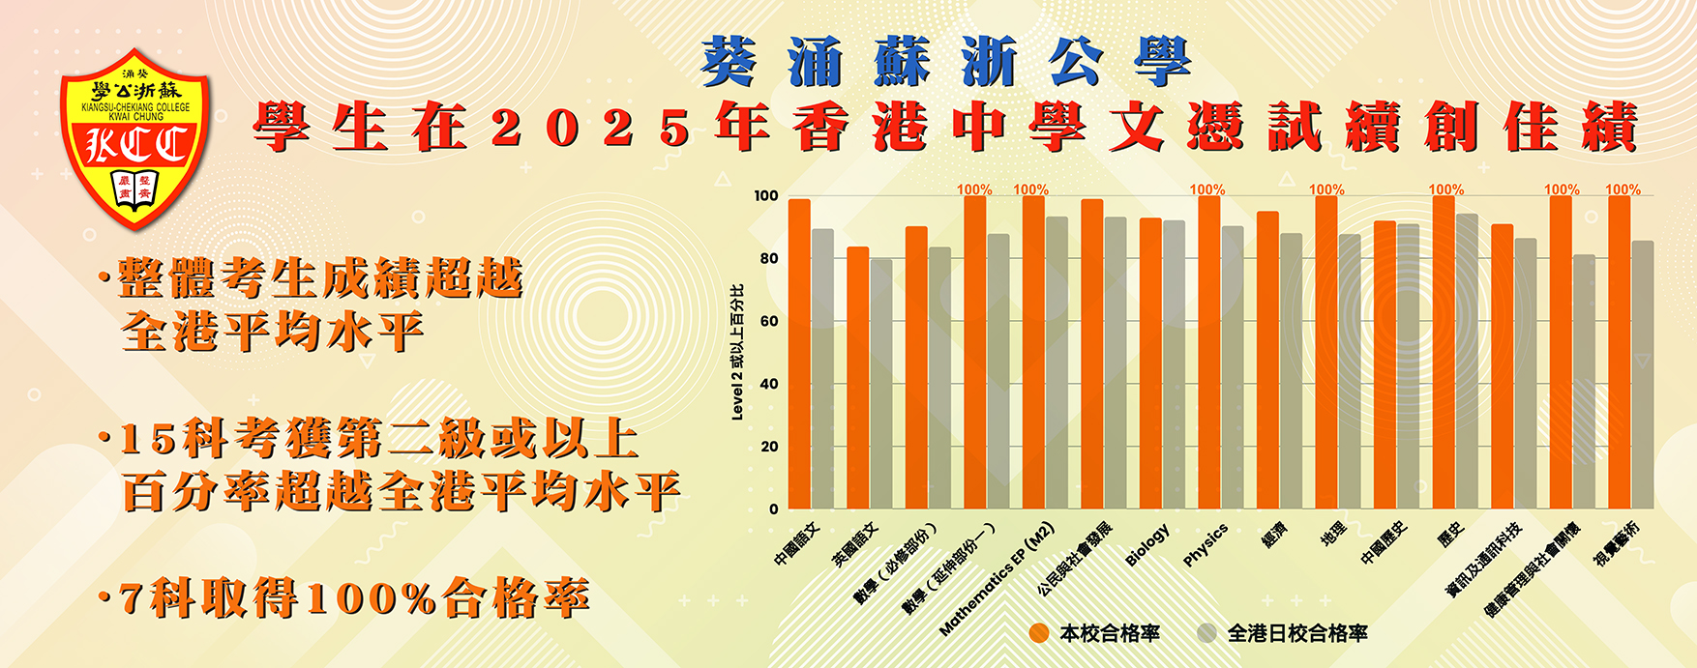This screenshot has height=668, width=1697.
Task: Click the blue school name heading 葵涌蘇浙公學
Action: [x=945, y=64]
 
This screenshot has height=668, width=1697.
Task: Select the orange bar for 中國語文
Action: [x=799, y=354]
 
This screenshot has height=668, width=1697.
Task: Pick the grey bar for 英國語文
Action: [x=881, y=383]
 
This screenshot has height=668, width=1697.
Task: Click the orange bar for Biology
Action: [x=1150, y=363]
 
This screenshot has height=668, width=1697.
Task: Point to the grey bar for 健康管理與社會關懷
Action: [x=1584, y=381]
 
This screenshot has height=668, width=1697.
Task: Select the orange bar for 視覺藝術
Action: [x=1619, y=352]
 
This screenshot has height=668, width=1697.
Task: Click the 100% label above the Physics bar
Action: [x=1207, y=189]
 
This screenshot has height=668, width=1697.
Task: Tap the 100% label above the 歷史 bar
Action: [x=1446, y=189]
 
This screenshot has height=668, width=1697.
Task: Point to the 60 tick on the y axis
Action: [x=768, y=321]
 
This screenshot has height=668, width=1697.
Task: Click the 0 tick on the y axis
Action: [x=773, y=508]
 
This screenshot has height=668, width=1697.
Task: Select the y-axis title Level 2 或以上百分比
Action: [x=738, y=352]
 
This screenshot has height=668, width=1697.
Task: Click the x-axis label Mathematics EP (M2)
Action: [x=997, y=580]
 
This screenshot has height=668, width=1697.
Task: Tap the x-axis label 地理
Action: [x=1333, y=535]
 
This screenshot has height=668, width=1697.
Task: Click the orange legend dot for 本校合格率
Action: [x=1039, y=633]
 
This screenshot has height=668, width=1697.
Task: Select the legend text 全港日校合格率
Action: [x=1297, y=633]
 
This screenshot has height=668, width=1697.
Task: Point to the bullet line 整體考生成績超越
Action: [x=320, y=279]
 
